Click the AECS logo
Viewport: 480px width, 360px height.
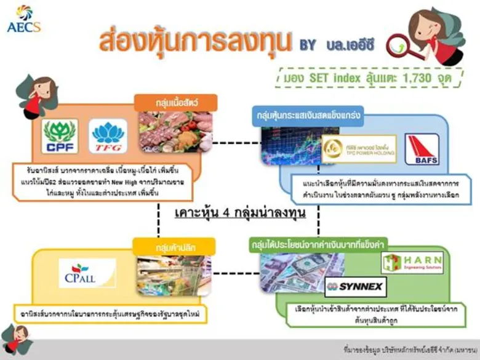(24, 19)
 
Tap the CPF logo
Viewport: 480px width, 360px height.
(60, 136)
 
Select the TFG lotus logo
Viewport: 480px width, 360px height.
(108, 136)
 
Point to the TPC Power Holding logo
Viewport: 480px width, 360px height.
(359, 149)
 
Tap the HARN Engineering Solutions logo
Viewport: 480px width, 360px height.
(412, 263)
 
